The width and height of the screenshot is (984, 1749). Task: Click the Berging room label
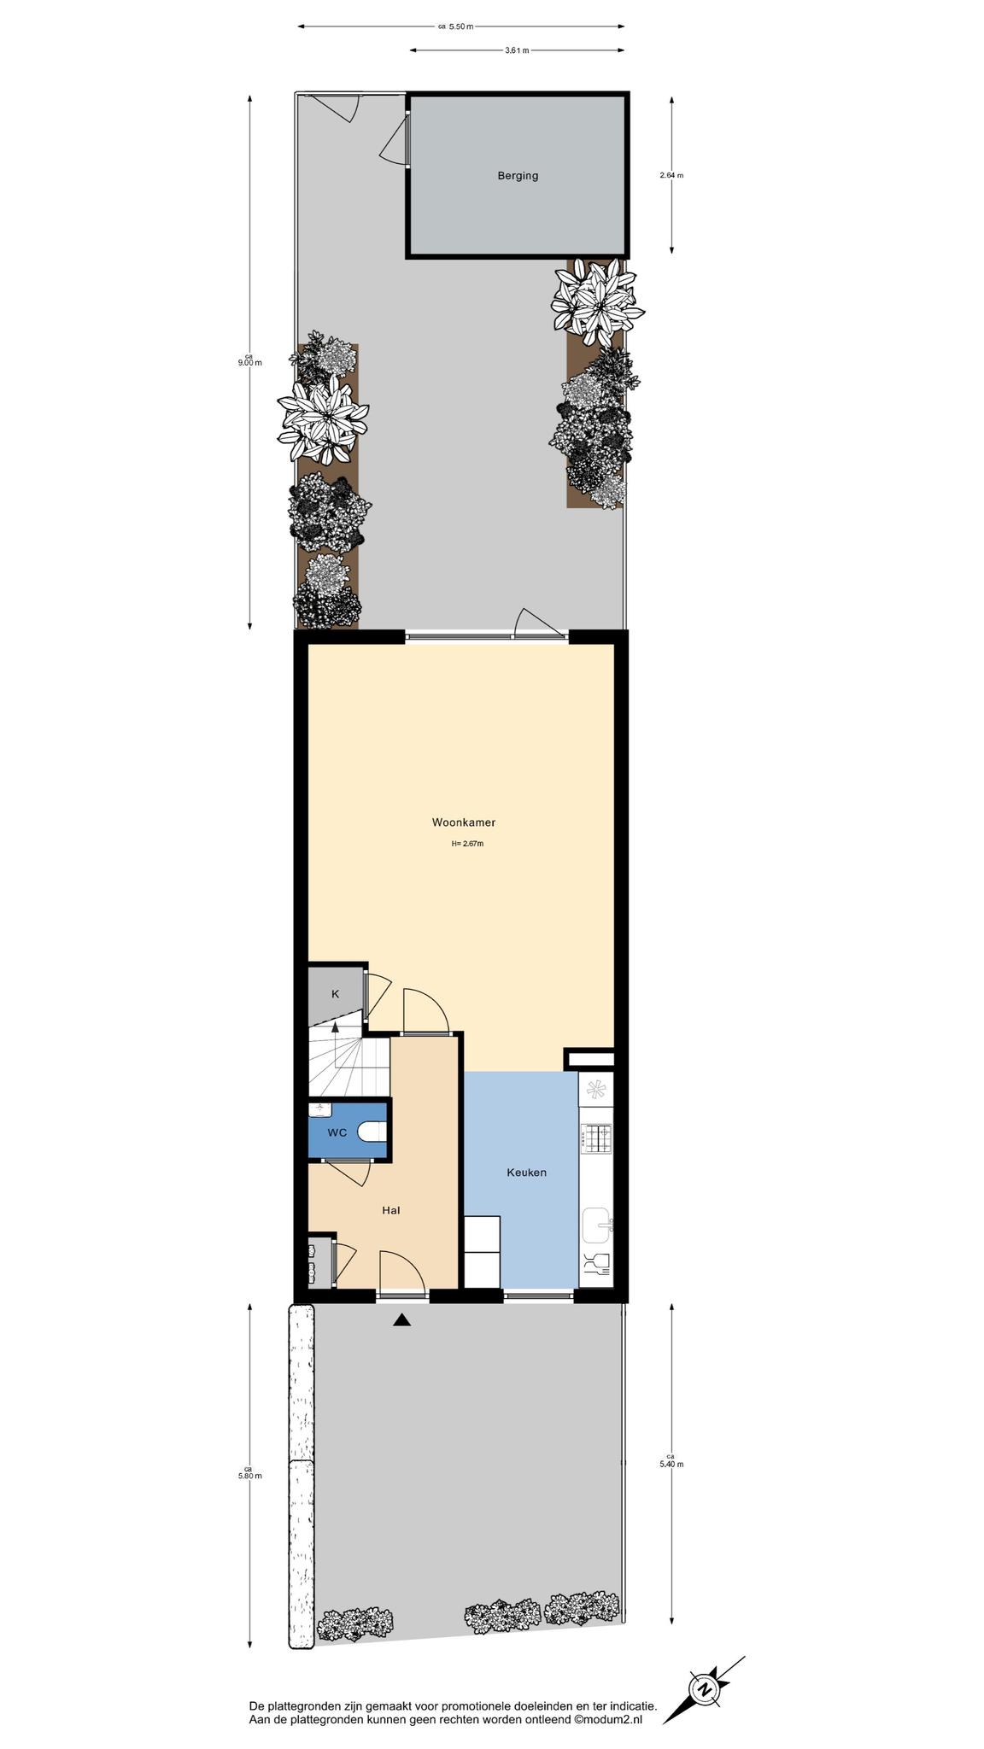click(x=518, y=176)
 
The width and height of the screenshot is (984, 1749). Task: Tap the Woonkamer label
click(x=463, y=822)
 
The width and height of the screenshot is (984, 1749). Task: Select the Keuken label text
click(x=526, y=1172)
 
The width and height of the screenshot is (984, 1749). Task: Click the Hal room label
click(x=391, y=1210)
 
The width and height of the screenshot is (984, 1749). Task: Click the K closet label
click(x=335, y=993)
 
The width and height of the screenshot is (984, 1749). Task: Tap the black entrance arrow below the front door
click(x=401, y=1319)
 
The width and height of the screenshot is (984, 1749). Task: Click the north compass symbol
click(x=705, y=1689)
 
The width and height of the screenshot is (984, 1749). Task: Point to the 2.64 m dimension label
click(x=671, y=175)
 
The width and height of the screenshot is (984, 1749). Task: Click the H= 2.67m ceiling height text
click(x=468, y=844)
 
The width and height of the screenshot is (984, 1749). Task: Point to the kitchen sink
click(x=597, y=1226)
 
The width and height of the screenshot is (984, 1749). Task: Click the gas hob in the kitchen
click(x=595, y=1138)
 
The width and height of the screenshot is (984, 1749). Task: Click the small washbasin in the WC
click(x=320, y=1109)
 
